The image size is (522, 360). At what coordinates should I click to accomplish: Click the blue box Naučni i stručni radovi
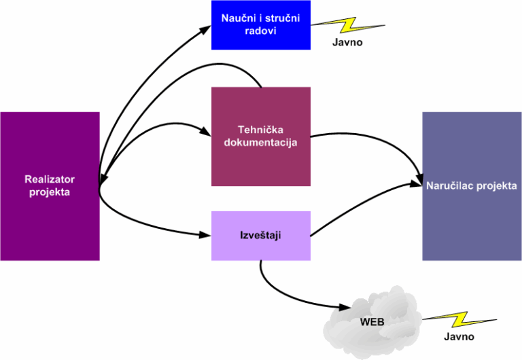click(x=261, y=24)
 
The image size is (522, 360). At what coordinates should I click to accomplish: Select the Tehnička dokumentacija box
click(x=261, y=136)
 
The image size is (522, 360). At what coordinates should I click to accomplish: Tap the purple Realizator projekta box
click(x=50, y=186)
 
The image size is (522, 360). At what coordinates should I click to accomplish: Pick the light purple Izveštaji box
click(x=261, y=235)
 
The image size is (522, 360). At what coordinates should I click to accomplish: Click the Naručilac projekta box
click(x=472, y=186)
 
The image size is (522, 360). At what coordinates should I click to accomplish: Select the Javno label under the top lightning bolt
click(x=348, y=43)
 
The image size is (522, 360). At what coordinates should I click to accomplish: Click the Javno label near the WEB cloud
click(x=459, y=336)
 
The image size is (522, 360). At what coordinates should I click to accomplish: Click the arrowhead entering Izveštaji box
click(x=207, y=235)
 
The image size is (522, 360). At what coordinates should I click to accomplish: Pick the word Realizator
click(x=50, y=179)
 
